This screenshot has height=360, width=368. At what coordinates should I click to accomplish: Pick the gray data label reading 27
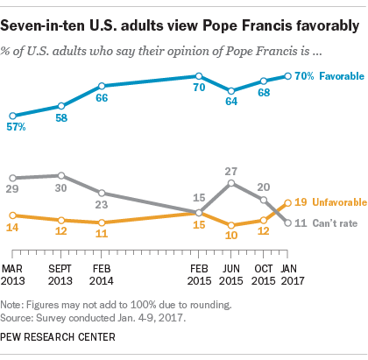tap(232, 171)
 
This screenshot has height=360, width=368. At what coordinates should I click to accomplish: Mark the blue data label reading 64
tap(231, 102)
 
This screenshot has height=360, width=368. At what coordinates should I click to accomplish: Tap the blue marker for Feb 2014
tap(102, 86)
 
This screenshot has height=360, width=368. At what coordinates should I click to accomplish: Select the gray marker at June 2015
tap(231, 183)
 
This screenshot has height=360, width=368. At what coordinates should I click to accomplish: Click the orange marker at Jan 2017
tap(288, 202)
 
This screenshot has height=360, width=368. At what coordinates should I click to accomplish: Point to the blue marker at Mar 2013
tap(11, 116)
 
